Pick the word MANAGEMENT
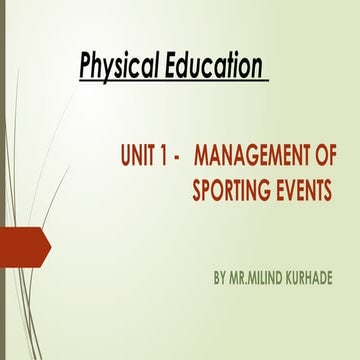256,158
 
